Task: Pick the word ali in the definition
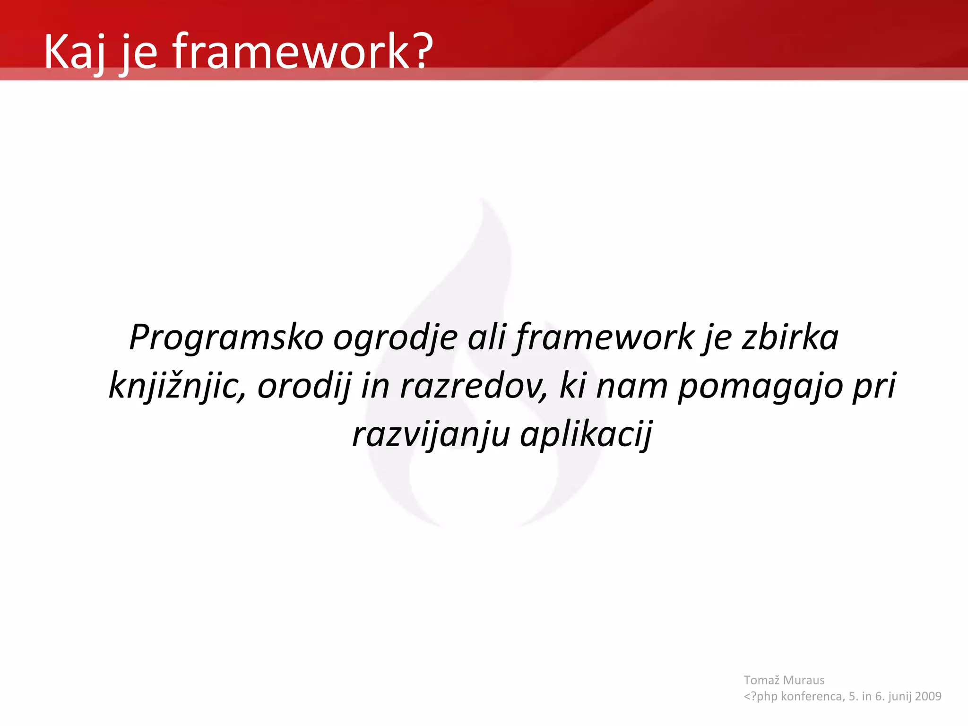click(486, 337)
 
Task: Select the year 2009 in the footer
click(928, 696)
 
